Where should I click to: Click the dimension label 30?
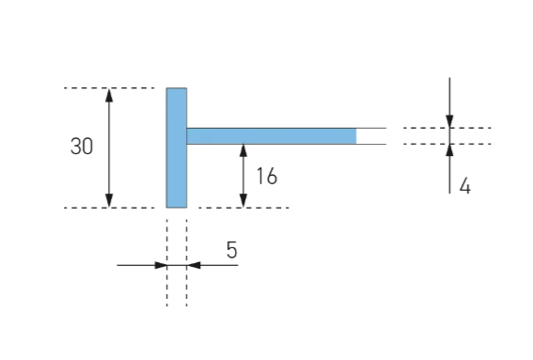pos(82,147)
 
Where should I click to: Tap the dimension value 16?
pos(267,176)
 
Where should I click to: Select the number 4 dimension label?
pos(465,186)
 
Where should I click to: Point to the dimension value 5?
pos(231,250)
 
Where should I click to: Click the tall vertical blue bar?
pos(177,148)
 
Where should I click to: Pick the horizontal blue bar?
pos(272,136)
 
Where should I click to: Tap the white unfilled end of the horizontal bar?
pos(371,136)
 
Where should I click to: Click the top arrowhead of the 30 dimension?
pos(109,95)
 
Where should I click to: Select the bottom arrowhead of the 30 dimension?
pos(109,200)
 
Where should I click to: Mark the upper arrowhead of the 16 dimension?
pos(243,150)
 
